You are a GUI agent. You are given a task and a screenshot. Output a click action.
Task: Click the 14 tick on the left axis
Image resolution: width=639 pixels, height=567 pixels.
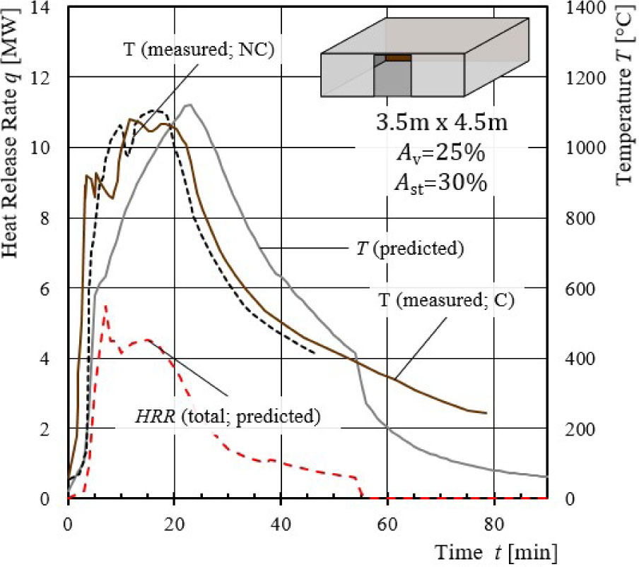[x=48, y=7]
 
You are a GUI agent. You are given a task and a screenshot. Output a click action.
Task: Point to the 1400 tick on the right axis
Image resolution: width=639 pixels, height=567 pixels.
[x=584, y=7]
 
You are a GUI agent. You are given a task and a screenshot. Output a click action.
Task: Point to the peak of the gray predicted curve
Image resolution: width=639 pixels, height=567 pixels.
[x=189, y=105]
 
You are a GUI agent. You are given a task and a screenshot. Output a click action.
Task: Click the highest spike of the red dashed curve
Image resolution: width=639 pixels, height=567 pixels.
[x=105, y=306]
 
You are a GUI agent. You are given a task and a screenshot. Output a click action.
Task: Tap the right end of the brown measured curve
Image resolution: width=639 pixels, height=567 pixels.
[x=486, y=413]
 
